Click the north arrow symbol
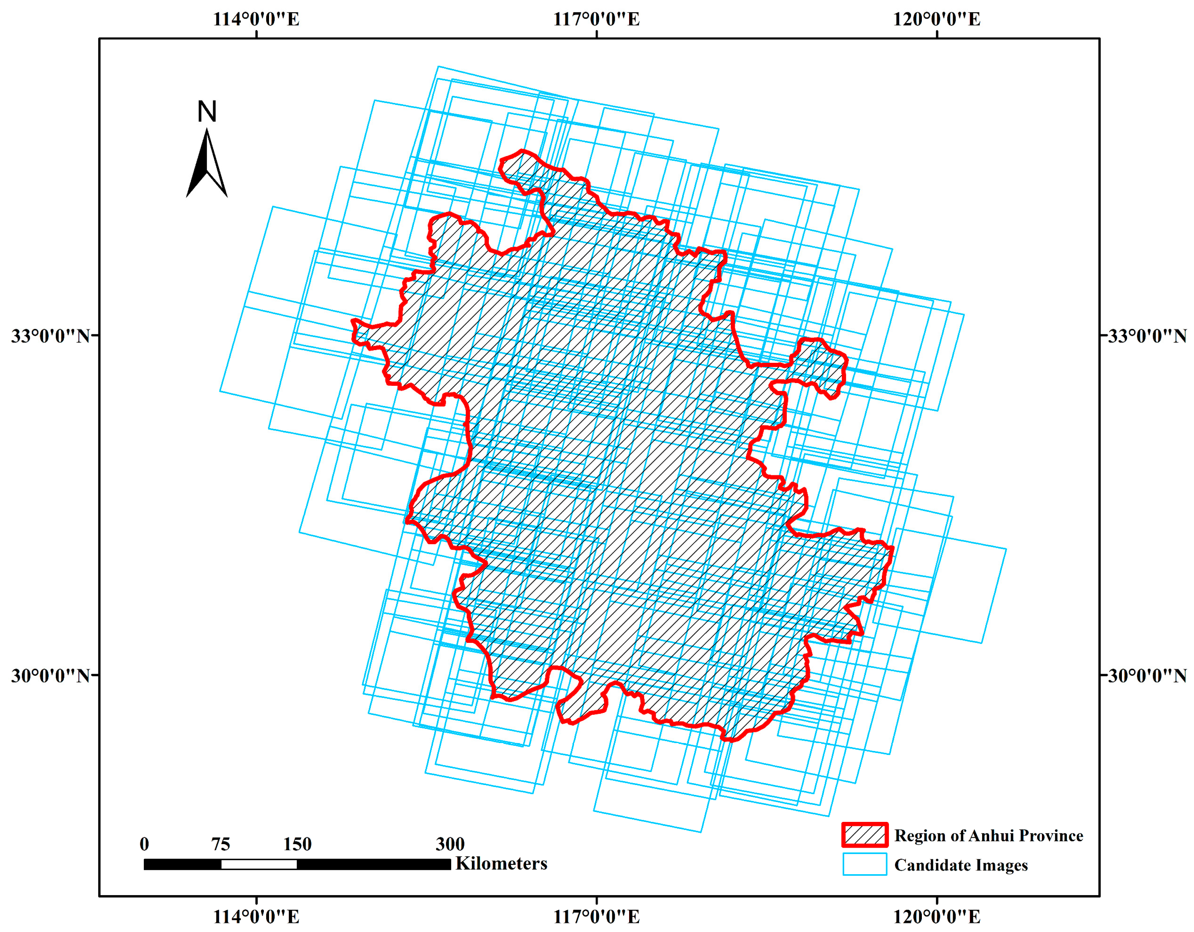[x=207, y=164]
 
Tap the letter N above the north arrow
[x=207, y=112]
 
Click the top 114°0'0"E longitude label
[x=256, y=19]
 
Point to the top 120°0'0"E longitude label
[x=937, y=19]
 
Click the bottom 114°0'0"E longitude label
[x=256, y=916]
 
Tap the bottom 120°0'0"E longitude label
[x=937, y=916]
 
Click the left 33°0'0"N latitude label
[x=50, y=335]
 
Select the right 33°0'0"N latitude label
[x=1147, y=335]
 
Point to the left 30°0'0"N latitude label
[x=50, y=676]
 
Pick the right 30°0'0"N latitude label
[x=1147, y=676]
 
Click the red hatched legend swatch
[x=864, y=835]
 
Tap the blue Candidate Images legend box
[x=864, y=864]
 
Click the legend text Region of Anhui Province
[x=988, y=835]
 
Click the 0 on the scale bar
[x=144, y=844]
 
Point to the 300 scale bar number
[x=450, y=844]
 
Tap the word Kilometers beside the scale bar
[x=501, y=863]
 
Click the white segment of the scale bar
[x=259, y=864]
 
